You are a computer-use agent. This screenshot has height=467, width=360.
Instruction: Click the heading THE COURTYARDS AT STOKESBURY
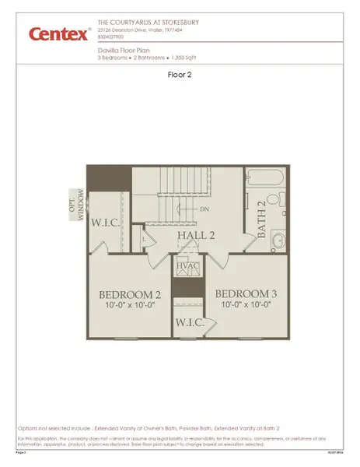click(x=149, y=23)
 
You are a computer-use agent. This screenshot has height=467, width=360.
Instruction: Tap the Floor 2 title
click(x=180, y=75)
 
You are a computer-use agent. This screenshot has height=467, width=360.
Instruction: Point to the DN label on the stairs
click(x=204, y=209)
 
